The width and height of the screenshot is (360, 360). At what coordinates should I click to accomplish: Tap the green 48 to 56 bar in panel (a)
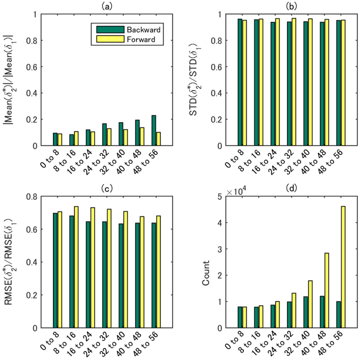[x=154, y=130]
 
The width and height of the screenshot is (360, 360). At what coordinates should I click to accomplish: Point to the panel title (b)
[x=291, y=6]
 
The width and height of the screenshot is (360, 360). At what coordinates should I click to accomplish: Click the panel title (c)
[x=107, y=188]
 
